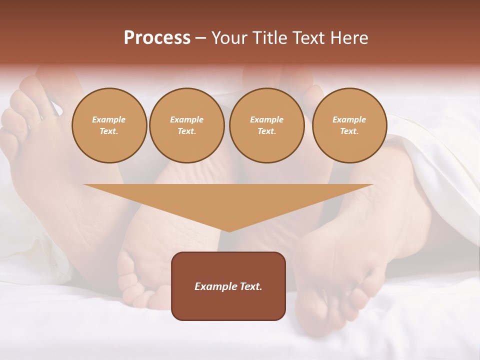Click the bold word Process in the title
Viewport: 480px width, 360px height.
pyautogui.click(x=157, y=38)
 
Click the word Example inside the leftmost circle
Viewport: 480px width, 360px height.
pyautogui.click(x=109, y=119)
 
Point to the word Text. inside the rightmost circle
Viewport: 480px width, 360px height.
pyautogui.click(x=349, y=131)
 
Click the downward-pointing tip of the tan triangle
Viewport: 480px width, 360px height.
pyautogui.click(x=229, y=230)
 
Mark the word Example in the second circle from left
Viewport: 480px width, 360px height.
pyautogui.click(x=186, y=119)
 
